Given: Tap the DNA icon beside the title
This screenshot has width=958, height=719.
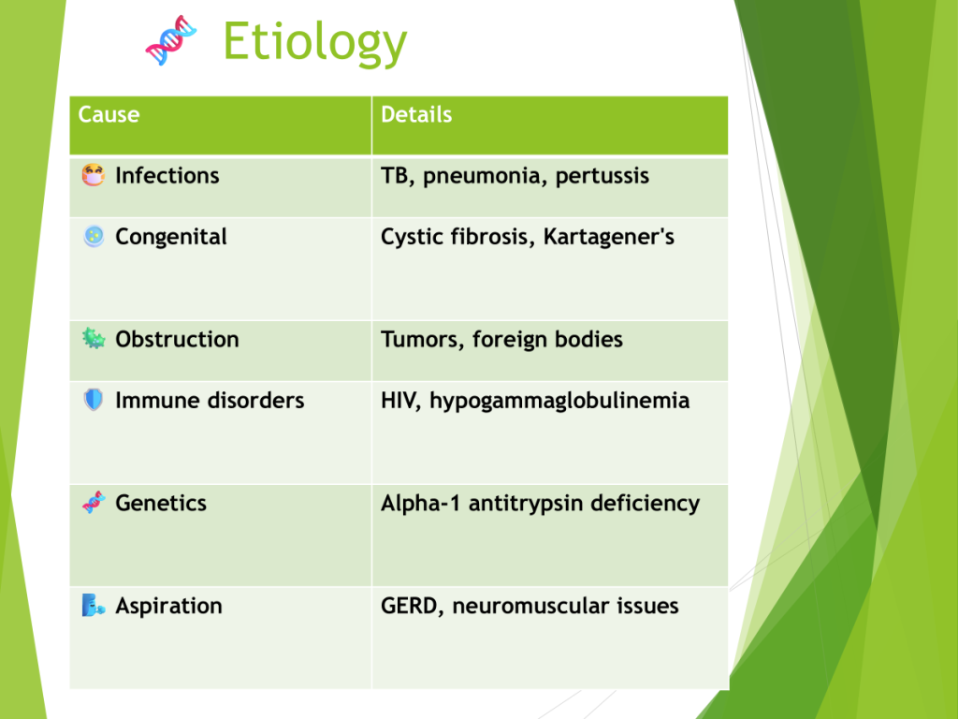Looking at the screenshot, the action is (x=171, y=40).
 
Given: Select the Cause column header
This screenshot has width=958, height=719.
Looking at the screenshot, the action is (x=109, y=114).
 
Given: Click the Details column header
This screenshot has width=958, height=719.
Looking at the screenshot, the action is (x=416, y=114).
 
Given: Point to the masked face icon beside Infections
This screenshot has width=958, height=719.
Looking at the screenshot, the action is (x=94, y=175).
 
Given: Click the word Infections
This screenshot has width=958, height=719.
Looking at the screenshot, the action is (x=167, y=175).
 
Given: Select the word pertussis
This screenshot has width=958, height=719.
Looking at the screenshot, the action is (x=602, y=176).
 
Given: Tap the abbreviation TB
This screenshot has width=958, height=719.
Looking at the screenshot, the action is (x=395, y=176).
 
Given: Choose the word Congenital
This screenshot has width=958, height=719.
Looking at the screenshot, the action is (x=171, y=237).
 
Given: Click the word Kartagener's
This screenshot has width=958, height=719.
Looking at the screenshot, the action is (x=608, y=237).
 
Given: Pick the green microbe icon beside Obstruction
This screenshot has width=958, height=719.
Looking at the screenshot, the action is (x=94, y=338).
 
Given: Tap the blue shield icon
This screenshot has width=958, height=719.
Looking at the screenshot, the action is (x=94, y=400).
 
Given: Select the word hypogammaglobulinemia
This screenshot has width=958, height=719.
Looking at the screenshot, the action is (x=559, y=401).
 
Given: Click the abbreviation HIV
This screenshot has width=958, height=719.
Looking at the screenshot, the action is (x=400, y=401).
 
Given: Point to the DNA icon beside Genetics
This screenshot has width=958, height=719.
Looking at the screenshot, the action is (x=94, y=503).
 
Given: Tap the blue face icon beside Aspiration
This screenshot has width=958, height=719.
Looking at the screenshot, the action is (x=94, y=606).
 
